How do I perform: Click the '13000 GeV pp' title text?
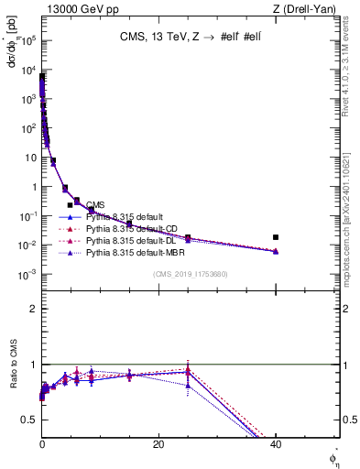point(78,9)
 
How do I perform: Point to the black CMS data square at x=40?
point(276,237)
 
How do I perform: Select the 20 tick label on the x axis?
point(158,444)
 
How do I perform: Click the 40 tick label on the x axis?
point(276,444)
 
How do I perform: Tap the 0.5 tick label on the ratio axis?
point(29,420)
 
